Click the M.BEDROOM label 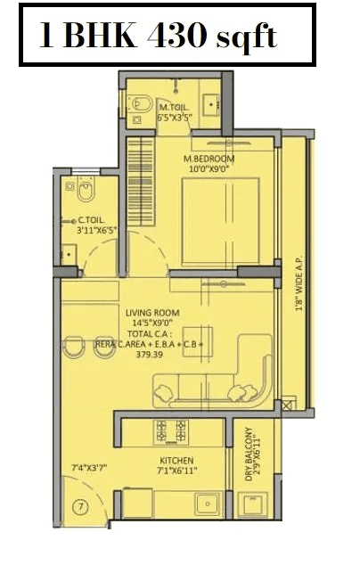(208, 160)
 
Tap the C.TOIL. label (93, 219)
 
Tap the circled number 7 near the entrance (80, 507)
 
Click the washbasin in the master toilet (215, 102)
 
